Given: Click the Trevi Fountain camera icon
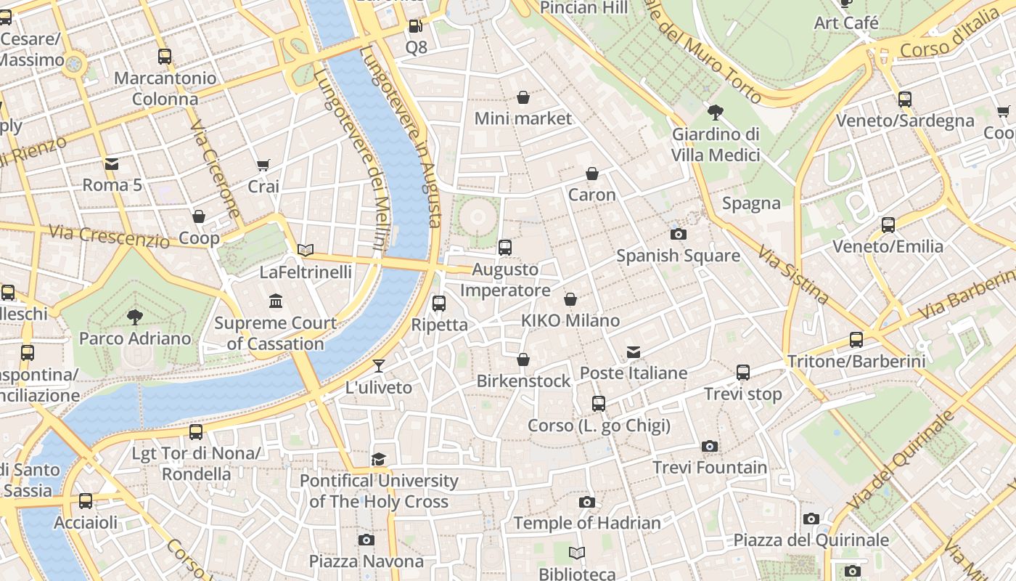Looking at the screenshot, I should point(710,446).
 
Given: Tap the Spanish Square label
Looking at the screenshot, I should point(678,256).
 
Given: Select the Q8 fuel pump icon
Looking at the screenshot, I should point(416,26).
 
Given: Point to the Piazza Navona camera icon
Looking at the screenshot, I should point(366,540).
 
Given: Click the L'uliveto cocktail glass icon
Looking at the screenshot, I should point(379,365).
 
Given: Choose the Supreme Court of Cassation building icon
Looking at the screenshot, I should point(276,301).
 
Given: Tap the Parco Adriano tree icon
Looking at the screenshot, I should point(134,316).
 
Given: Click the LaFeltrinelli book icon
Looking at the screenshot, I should point(306,251).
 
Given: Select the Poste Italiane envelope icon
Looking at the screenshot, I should point(634,352).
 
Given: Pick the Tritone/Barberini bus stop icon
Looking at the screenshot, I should point(856,339).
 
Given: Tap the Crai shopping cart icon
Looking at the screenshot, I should point(263,166).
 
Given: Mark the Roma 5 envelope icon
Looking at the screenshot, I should point(111,163).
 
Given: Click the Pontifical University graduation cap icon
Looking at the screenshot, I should point(378,459).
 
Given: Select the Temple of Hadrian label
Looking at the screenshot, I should point(587,523).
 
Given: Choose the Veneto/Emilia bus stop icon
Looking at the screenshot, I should point(888,224).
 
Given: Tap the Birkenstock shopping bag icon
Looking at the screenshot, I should point(523,359).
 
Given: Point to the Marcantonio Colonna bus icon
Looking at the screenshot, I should point(165,56).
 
